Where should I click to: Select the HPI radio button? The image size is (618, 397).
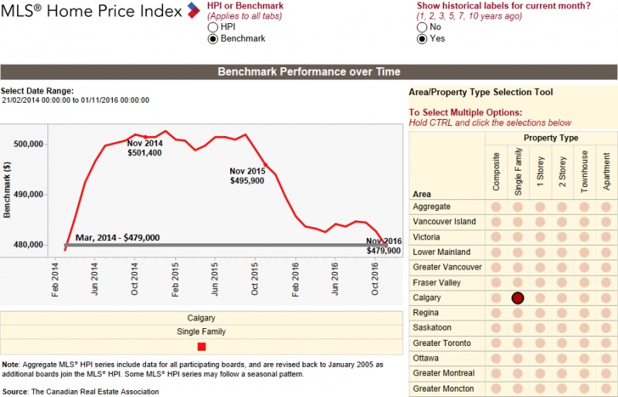click(x=213, y=27)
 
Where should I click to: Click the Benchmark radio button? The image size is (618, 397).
click(x=213, y=39)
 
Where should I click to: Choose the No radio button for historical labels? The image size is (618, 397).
click(x=422, y=27)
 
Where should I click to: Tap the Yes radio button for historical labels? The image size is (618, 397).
click(x=422, y=39)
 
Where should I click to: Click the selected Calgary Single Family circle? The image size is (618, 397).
click(x=518, y=297)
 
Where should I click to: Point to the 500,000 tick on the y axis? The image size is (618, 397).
click(x=31, y=144)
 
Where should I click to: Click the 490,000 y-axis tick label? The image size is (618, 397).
click(x=31, y=195)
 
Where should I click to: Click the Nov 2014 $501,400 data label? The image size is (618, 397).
click(x=144, y=148)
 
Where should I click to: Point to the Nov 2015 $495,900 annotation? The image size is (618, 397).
click(x=247, y=175)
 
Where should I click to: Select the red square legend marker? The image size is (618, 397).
click(x=202, y=347)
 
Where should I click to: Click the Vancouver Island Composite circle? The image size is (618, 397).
click(x=496, y=222)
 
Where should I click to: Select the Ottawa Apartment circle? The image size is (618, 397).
click(x=606, y=358)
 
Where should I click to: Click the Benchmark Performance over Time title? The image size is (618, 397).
click(x=309, y=72)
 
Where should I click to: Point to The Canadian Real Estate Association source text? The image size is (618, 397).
click(x=94, y=392)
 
